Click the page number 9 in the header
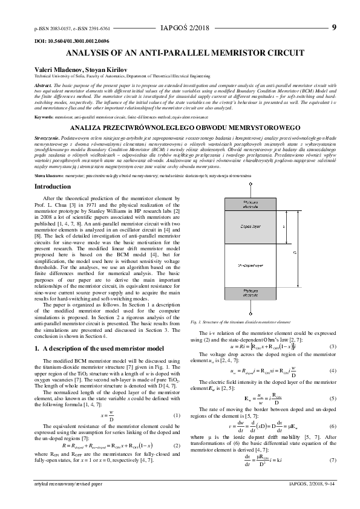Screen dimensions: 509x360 tap(334, 27)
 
